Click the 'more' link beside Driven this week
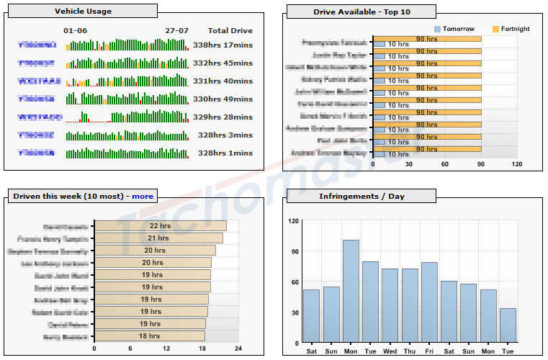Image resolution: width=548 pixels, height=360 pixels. (x=142, y=196)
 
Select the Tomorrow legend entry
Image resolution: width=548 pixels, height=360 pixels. (x=458, y=29)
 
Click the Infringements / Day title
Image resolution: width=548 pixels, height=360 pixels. (x=361, y=196)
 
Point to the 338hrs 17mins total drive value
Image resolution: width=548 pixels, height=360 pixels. (x=223, y=45)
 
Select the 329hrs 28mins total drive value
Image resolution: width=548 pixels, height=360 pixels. (x=223, y=117)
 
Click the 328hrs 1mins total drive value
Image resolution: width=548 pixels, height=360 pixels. (x=225, y=153)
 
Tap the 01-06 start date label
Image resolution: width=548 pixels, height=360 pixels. (x=75, y=31)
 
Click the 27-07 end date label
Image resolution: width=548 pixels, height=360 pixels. (x=176, y=31)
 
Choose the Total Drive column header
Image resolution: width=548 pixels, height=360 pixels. (x=230, y=31)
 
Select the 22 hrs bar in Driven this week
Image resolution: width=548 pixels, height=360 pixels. (x=160, y=226)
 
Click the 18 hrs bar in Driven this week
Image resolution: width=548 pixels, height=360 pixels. (x=150, y=336)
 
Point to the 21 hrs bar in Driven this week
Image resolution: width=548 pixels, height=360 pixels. (x=158, y=238)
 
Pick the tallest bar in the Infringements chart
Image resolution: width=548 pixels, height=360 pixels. (x=351, y=292)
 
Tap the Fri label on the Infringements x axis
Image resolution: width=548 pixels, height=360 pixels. (x=429, y=351)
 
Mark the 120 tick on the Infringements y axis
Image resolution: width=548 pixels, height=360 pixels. (x=293, y=221)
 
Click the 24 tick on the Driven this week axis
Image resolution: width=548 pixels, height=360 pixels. (x=238, y=349)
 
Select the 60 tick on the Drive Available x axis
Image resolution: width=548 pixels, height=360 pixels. (x=445, y=164)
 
